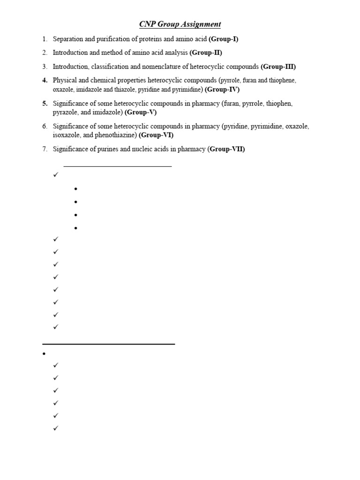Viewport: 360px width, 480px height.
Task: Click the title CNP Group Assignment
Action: [180, 24]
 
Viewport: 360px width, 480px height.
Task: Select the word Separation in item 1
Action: [68, 39]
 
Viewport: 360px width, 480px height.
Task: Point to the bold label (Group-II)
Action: [206, 52]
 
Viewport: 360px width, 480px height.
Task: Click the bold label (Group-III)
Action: [278, 67]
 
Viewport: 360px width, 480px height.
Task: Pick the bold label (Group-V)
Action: [140, 112]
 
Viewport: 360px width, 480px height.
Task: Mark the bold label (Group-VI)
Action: [157, 135]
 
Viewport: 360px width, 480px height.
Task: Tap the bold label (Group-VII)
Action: [226, 149]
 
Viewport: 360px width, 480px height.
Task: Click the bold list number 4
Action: [45, 80]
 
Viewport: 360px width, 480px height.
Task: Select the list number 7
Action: [45, 149]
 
